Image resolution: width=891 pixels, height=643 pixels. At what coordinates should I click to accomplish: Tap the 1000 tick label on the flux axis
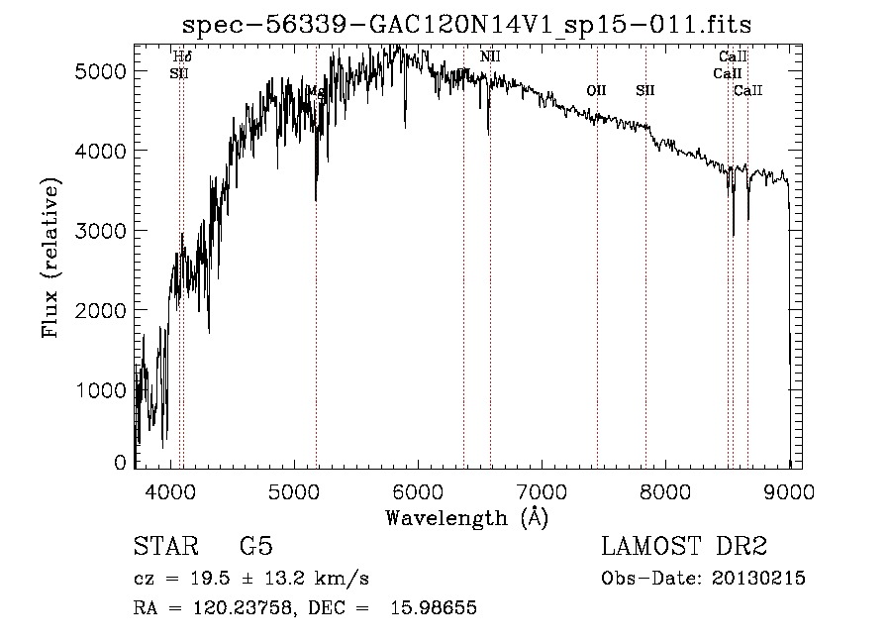pos(103,390)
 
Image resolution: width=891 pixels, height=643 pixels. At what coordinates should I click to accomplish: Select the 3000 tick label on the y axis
pos(103,231)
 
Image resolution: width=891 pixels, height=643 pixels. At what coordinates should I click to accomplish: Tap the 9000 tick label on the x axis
pos(789,489)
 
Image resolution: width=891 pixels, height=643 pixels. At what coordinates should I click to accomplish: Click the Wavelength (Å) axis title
pos(466,517)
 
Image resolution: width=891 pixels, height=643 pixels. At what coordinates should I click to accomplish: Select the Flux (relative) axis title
pos(49,258)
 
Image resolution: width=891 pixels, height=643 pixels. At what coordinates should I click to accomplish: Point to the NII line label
pos(490,56)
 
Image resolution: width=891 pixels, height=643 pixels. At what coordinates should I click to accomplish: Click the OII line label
pos(596,91)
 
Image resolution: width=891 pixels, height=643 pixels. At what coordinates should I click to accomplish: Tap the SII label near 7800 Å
pos(645,91)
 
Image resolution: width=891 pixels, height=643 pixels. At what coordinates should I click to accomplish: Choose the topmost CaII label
pos(734,56)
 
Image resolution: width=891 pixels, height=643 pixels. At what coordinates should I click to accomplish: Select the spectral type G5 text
pos(256,547)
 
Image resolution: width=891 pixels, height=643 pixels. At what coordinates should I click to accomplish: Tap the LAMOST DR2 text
pos(684,547)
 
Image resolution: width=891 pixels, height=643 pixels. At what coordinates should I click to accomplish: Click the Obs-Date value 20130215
pos(757,579)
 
